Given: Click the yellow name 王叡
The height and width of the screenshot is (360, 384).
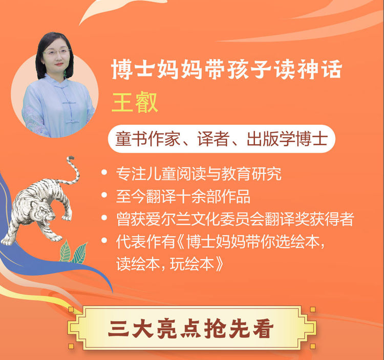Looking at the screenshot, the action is tap(135, 102).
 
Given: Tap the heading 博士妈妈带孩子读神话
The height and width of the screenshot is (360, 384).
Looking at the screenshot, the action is tap(226, 70).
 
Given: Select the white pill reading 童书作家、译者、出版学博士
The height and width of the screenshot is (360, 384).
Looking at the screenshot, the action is tap(221, 139).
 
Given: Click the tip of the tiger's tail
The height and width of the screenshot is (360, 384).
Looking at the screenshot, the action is tap(71, 157).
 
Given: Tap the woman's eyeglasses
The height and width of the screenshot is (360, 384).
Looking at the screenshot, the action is tap(56, 52).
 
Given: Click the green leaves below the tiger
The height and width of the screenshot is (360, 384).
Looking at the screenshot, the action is tap(73, 253).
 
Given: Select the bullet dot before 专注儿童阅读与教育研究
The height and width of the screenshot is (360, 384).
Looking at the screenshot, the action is tap(104, 172).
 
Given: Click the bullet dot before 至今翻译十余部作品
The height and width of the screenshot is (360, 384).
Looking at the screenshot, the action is tap(104, 195).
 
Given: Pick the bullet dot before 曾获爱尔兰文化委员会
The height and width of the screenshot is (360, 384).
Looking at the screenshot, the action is tap(104, 218).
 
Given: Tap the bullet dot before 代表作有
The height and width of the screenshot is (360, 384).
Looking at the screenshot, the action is tap(104, 240).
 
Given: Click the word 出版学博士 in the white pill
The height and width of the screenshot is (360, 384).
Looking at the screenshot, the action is tap(287, 139).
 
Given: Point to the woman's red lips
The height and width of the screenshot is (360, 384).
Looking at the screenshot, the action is tap(59, 64).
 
